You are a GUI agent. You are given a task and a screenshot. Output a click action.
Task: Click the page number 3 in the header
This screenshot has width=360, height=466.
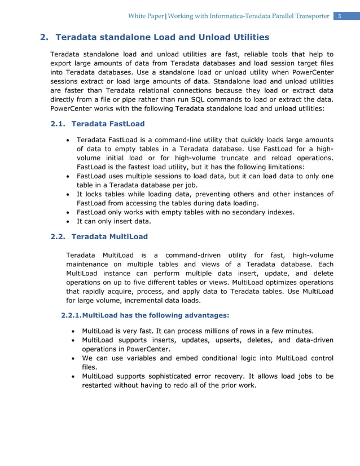[340, 16]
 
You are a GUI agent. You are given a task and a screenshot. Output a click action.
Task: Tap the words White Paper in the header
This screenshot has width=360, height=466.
[146, 16]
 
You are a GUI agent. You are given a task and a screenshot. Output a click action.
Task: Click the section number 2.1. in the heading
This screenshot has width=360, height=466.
[60, 124]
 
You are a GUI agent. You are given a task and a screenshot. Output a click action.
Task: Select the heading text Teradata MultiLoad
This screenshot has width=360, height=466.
[109, 236]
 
